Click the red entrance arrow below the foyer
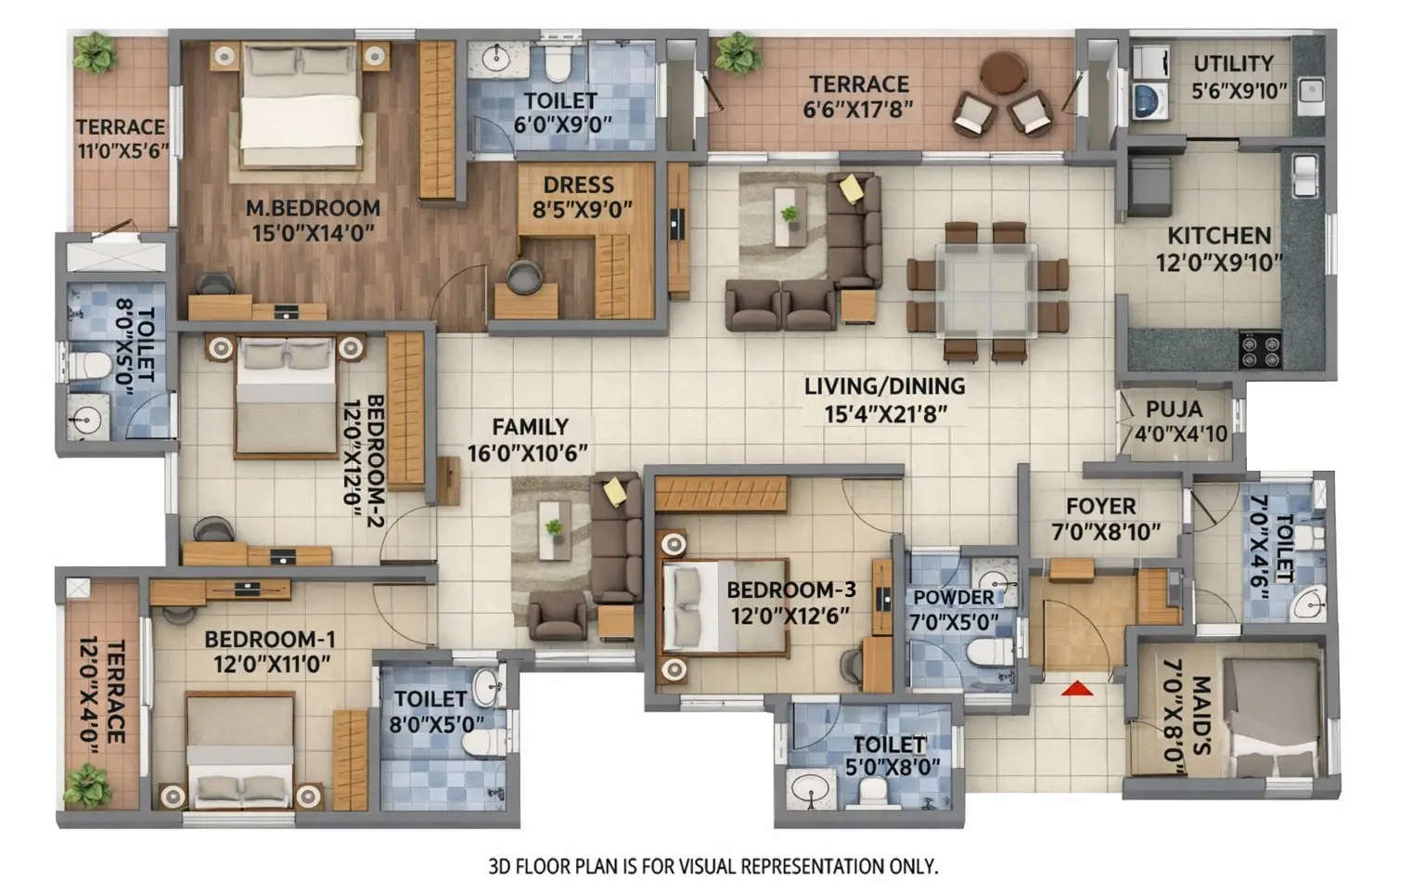(1076, 689)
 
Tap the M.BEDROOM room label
(313, 208)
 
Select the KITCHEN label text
(1218, 236)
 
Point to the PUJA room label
(1174, 409)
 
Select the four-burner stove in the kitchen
(1260, 351)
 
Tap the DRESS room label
(578, 185)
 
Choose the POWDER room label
(953, 598)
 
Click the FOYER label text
(1100, 507)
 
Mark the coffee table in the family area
(555, 530)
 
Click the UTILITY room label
(1233, 64)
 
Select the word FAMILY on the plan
(530, 427)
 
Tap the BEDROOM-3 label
(790, 590)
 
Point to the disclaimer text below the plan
(712, 867)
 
